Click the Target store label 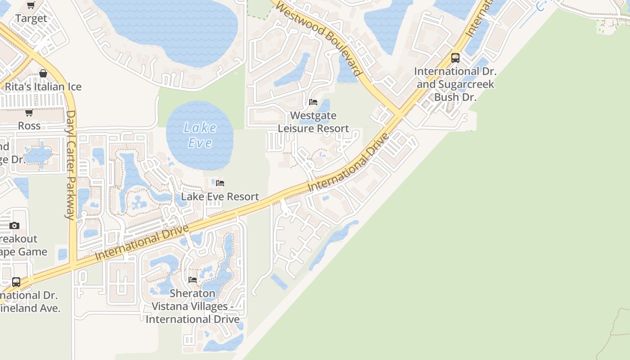(31, 18)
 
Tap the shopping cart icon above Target (31, 5)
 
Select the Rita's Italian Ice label (43, 86)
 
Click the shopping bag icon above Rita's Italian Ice (43, 73)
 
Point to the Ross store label (29, 126)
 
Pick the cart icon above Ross (29, 112)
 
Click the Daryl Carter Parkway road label (71, 165)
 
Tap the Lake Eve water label (200, 135)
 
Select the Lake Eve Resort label (220, 197)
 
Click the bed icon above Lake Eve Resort (220, 183)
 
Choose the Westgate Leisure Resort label (314, 122)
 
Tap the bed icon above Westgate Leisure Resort (314, 102)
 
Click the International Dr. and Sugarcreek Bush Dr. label (455, 84)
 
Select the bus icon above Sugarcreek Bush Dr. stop (455, 58)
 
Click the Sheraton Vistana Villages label (193, 306)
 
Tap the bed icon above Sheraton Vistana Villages (193, 280)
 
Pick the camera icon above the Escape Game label (14, 225)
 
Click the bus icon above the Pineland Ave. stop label (16, 282)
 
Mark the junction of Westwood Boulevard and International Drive (399, 116)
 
